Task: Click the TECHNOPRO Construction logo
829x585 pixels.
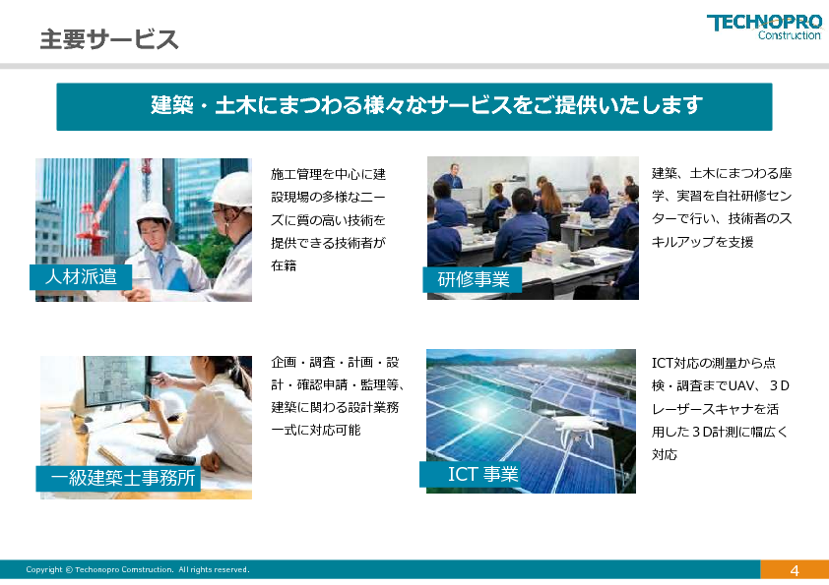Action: click(x=764, y=27)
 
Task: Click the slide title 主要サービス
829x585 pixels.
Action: click(x=109, y=39)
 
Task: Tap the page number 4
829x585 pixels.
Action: click(x=795, y=571)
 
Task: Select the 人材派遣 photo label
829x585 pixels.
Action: click(x=81, y=276)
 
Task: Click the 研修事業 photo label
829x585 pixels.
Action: click(x=473, y=279)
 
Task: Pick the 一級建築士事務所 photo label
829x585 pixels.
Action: click(x=119, y=479)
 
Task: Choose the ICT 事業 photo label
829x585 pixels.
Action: click(x=471, y=474)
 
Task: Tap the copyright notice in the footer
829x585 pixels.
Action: click(x=138, y=569)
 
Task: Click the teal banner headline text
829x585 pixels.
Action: click(x=426, y=105)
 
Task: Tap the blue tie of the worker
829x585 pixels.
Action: click(x=160, y=264)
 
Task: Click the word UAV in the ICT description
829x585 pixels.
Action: click(x=741, y=386)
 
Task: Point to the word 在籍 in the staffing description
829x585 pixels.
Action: click(x=284, y=265)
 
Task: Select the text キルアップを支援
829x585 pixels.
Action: click(x=703, y=242)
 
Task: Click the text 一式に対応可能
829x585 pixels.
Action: click(x=316, y=430)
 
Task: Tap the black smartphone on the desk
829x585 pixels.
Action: click(x=175, y=459)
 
